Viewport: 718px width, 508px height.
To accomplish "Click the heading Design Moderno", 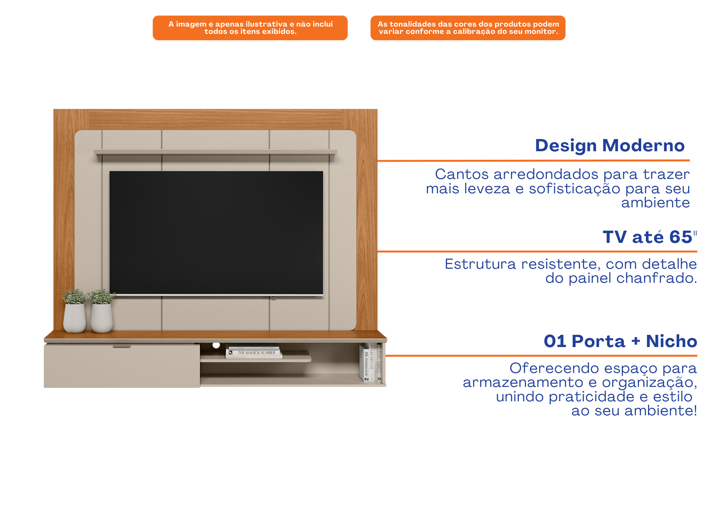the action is [610, 146].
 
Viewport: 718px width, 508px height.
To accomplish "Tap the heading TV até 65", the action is [649, 237].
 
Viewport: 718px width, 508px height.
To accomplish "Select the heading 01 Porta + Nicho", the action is [620, 341].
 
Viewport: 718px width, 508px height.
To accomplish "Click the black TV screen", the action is [216, 233].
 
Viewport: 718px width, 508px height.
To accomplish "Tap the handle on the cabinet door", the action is [122, 347].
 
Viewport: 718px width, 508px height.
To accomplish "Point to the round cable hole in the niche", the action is [216, 345].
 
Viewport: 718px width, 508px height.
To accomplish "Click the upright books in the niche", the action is [371, 362].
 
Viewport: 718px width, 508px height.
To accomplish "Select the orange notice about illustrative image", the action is [250, 28].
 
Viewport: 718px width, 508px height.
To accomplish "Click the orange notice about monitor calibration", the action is [468, 28].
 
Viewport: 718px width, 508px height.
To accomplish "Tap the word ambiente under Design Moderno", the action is [656, 203].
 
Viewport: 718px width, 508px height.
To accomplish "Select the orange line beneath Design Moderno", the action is [533, 161].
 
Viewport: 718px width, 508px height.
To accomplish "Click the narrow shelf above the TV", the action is [215, 152].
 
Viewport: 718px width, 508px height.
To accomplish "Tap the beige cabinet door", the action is [122, 366].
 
